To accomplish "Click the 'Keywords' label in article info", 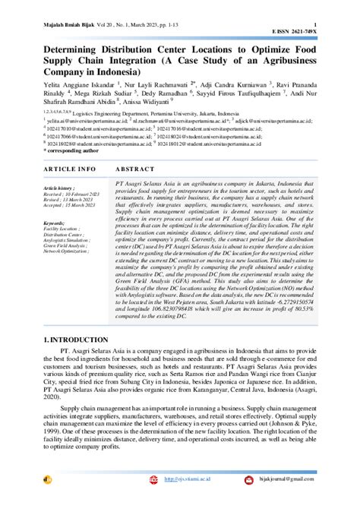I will (55, 223).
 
